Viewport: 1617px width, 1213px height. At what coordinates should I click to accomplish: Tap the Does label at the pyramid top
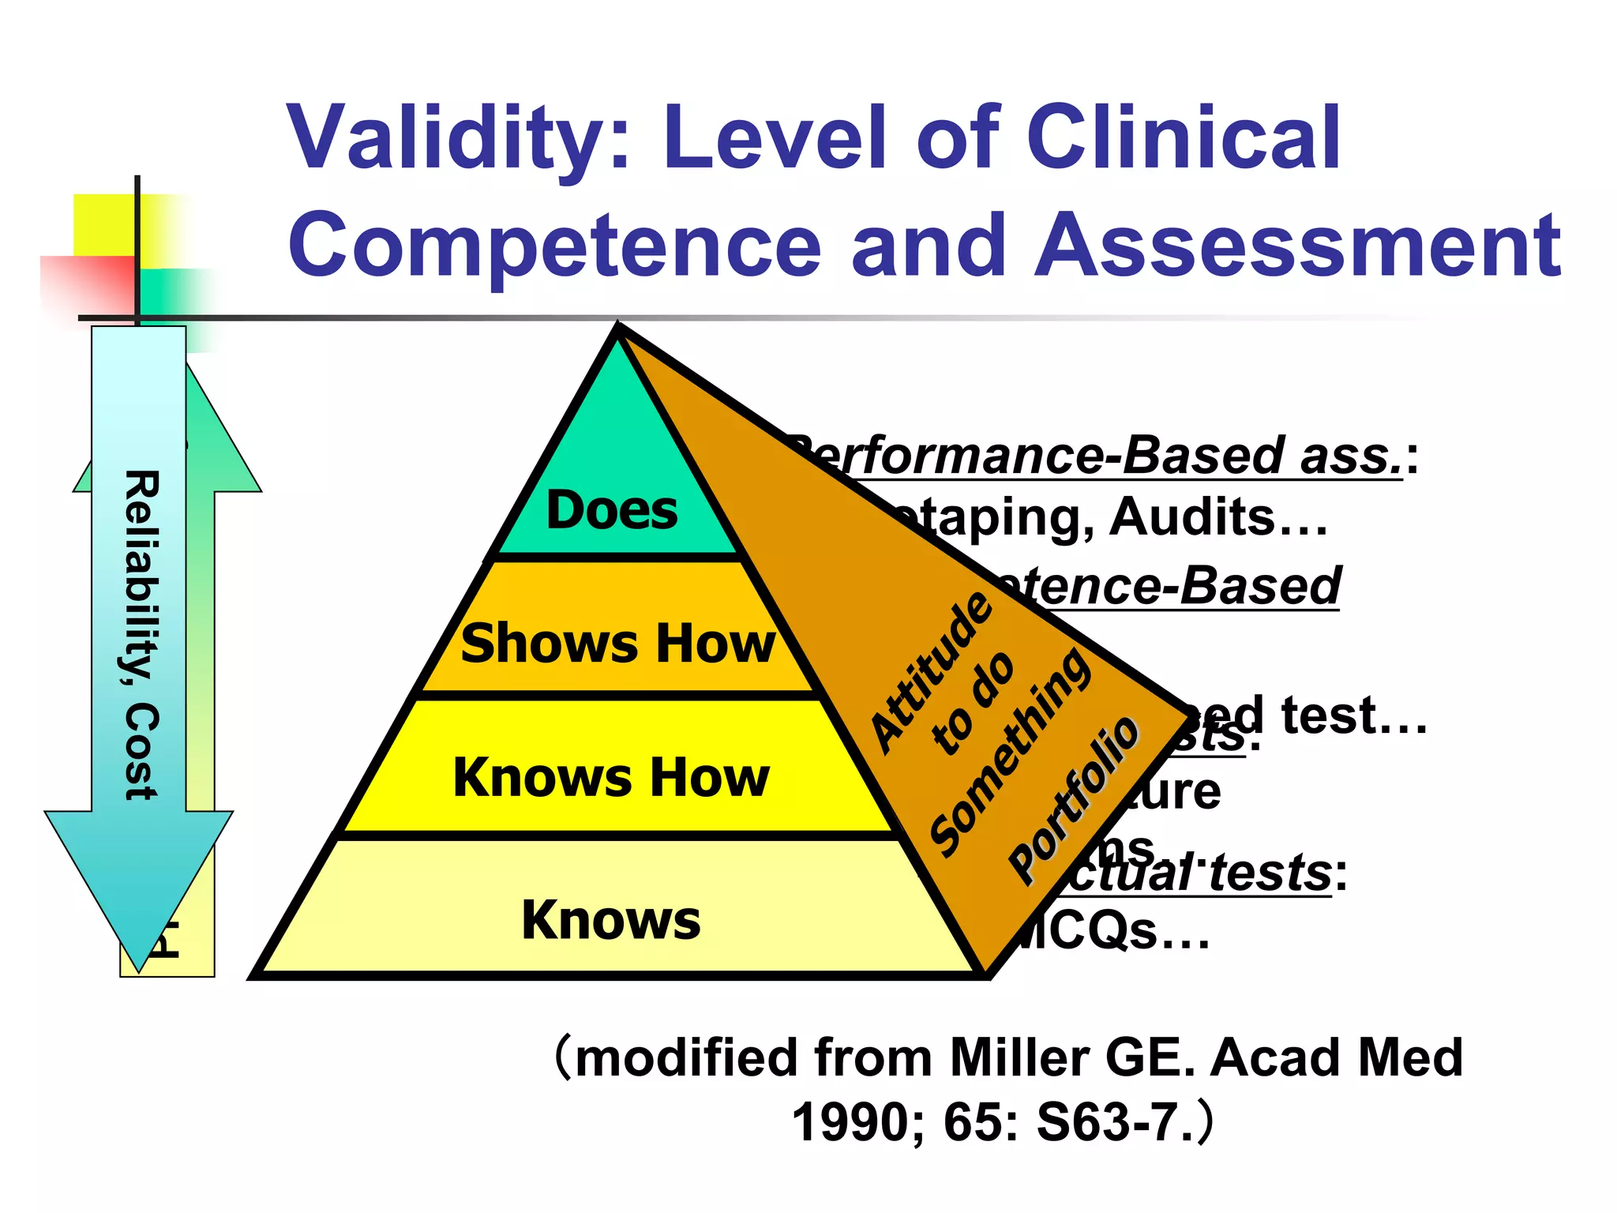pyautogui.click(x=612, y=510)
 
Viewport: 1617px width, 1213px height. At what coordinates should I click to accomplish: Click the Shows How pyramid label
pyautogui.click(x=618, y=643)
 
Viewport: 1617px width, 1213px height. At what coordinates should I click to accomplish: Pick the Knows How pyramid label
pyautogui.click(x=611, y=777)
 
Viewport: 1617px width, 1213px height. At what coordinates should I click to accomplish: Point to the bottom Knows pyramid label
pyautogui.click(x=611, y=920)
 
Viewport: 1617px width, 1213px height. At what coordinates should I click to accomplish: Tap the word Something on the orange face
pyautogui.click(x=1011, y=753)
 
